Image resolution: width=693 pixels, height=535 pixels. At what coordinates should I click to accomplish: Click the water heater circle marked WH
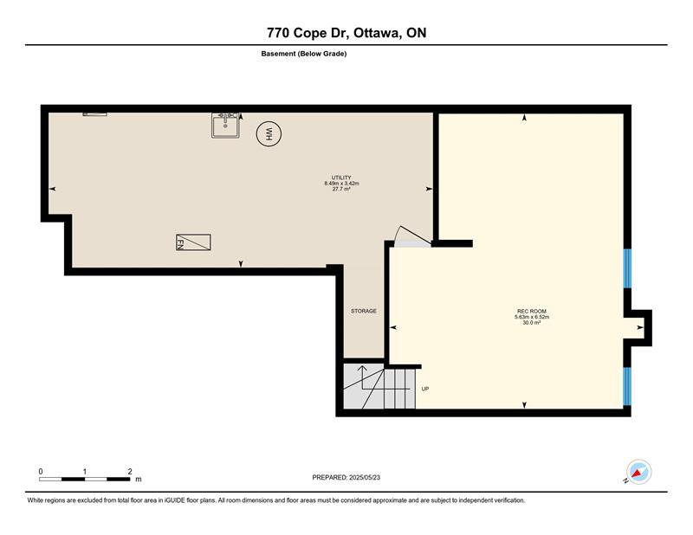tap(269, 134)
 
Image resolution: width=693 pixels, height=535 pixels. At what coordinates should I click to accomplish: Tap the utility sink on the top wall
tap(225, 126)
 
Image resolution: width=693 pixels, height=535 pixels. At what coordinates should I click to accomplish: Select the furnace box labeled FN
tap(193, 242)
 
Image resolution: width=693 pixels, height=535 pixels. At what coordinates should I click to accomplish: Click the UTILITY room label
tap(341, 177)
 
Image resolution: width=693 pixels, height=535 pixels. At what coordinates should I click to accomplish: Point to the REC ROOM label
tap(532, 312)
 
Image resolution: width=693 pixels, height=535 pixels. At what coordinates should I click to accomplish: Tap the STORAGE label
tap(364, 311)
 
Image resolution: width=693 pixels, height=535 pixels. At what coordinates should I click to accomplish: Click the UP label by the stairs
tap(425, 390)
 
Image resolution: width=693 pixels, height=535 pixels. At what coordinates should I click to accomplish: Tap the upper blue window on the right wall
tap(627, 268)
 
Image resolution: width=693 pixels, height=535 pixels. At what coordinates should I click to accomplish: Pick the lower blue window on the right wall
tap(627, 386)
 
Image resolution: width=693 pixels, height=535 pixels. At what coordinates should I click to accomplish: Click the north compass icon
tap(638, 472)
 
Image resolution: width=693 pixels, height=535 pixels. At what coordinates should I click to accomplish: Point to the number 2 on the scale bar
tap(130, 472)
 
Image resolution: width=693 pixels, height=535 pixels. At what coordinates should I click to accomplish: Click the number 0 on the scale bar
tap(41, 472)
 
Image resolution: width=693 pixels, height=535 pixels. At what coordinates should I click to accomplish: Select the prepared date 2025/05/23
tap(365, 478)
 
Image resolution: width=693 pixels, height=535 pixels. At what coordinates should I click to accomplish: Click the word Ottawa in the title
tap(377, 33)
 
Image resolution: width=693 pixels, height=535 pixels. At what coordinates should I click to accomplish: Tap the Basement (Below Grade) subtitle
tap(304, 54)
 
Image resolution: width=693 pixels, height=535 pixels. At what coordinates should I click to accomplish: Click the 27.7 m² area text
tap(341, 189)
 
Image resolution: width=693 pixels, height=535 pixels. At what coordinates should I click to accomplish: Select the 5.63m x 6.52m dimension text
tap(532, 317)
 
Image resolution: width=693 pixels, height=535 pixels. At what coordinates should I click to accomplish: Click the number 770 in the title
tap(278, 33)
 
